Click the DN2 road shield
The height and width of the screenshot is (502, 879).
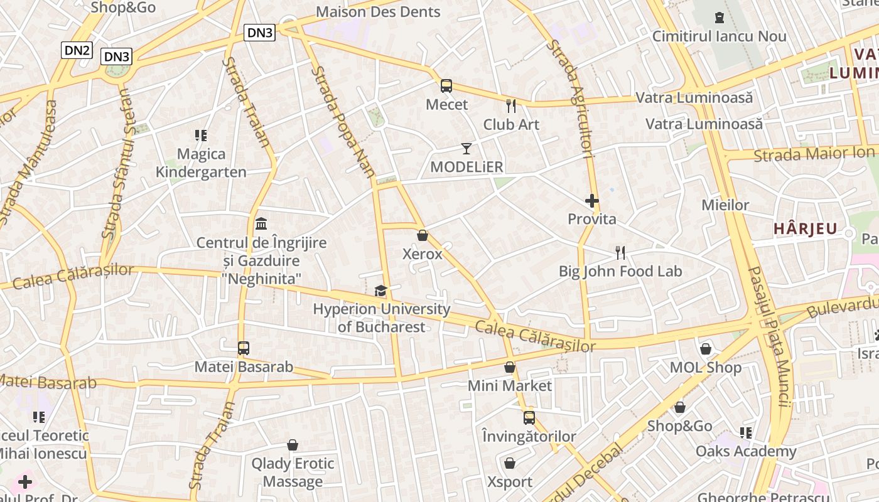coord(77,50)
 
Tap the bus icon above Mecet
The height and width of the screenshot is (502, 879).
coord(446,86)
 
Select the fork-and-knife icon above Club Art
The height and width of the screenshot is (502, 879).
coord(511,106)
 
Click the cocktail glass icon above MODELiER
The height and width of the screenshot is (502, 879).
coord(466,149)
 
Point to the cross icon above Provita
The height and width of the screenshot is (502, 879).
coord(591,201)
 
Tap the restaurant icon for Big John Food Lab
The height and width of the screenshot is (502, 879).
coord(620,253)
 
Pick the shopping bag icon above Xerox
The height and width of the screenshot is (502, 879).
coord(423,235)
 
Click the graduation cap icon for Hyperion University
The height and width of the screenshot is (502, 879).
coord(380,291)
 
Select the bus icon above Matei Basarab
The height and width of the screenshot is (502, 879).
coord(243,348)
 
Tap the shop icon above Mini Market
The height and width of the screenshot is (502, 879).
coord(510,367)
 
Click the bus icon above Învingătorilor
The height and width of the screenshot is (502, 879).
coord(529,418)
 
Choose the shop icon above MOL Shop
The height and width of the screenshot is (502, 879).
coord(706,349)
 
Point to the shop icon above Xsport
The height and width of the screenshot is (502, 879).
coord(510,464)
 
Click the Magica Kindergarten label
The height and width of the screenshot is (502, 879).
coord(201,163)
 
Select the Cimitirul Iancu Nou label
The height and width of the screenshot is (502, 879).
coord(719,36)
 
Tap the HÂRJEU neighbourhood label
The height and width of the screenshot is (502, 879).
coord(806,229)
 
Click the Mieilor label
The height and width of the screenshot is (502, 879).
coord(725,205)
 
